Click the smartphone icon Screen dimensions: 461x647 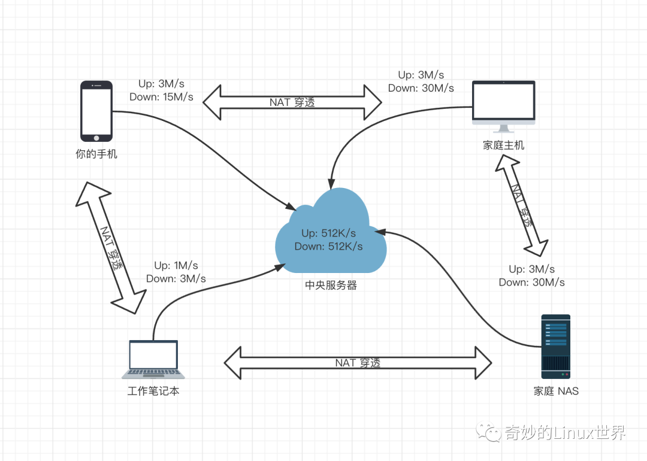click(96, 111)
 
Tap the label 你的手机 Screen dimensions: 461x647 click(96, 154)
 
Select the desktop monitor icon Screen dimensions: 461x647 click(503, 105)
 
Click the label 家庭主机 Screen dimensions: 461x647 click(503, 145)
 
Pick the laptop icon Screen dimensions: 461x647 click(153, 359)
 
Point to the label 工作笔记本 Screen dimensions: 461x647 click(153, 392)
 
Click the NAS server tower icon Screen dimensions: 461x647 click(555, 347)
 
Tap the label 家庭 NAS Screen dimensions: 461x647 click(556, 392)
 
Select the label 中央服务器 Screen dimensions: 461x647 click(331, 286)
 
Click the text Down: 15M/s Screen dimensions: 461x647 click(161, 97)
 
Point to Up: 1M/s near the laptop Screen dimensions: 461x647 click(176, 265)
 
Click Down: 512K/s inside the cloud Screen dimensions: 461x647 click(328, 246)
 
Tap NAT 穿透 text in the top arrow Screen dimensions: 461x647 click(292, 102)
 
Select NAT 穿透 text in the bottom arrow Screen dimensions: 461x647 click(358, 363)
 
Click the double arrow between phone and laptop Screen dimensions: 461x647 click(111, 247)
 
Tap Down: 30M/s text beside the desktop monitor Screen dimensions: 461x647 click(421, 88)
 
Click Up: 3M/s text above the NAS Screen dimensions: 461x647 click(531, 269)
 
